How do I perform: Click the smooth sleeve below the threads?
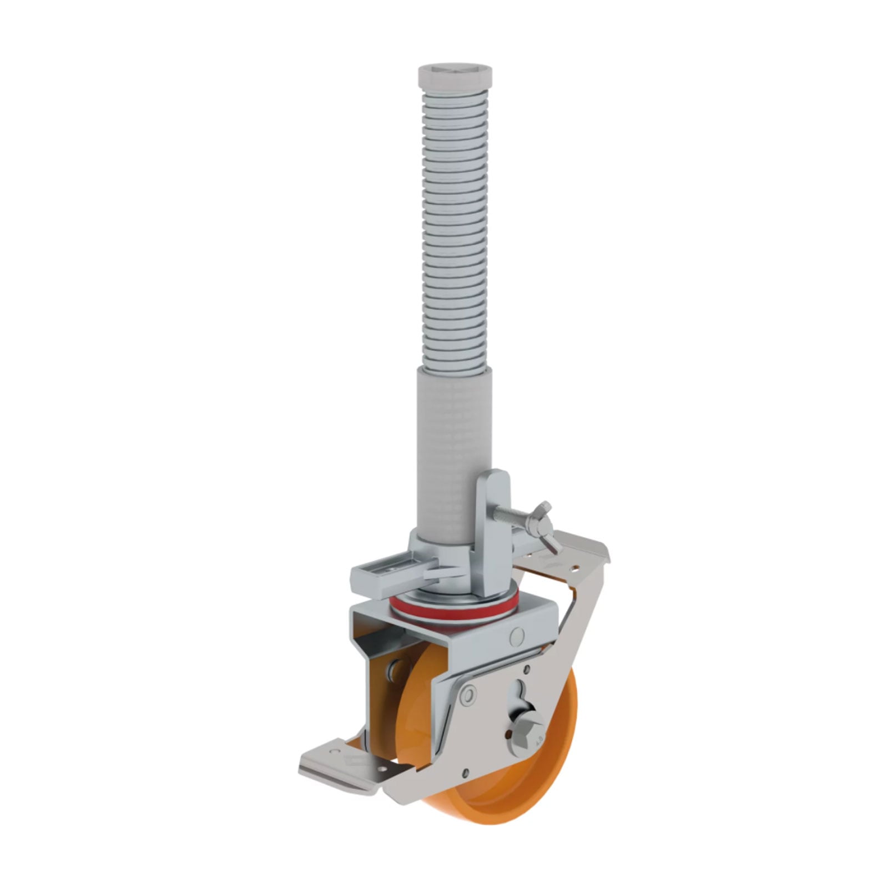click(x=454, y=438)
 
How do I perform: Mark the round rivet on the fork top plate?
click(x=517, y=635)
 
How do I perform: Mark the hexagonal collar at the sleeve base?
click(x=427, y=541)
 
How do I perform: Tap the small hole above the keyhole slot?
click(x=526, y=671)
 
